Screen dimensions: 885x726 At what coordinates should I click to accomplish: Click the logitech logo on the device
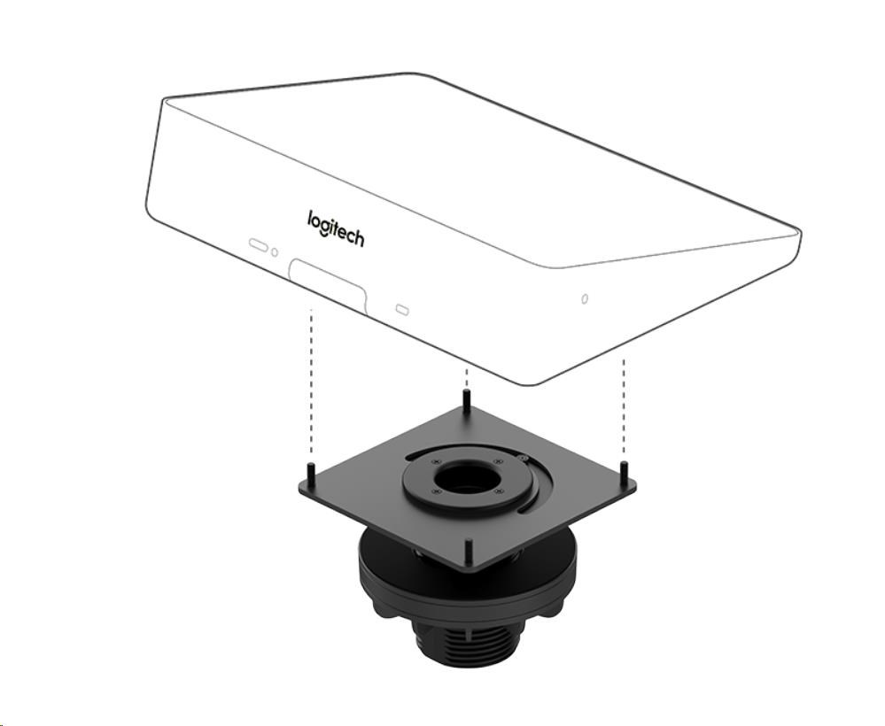click(336, 228)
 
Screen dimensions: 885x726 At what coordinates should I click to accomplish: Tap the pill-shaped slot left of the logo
click(259, 245)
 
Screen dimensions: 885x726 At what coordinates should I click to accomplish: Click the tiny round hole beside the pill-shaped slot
click(275, 252)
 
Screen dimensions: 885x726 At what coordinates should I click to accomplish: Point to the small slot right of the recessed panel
click(402, 309)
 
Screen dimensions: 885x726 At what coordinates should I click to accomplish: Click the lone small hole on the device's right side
click(585, 298)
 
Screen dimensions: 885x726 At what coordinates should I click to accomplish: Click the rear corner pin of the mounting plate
click(466, 398)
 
